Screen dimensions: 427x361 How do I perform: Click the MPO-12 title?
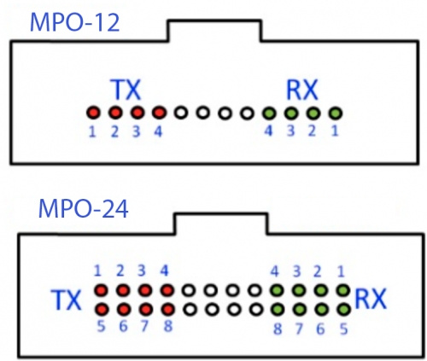point(74,22)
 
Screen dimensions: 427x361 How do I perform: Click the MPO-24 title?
point(83,209)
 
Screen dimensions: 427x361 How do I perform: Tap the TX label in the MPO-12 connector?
point(126,90)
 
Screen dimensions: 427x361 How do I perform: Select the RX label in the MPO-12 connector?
point(301,90)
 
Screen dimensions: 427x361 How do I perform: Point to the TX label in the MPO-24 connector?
point(66,300)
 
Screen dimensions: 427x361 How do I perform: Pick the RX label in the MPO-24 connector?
point(371,299)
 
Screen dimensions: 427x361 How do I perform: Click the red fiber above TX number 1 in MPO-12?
point(93,113)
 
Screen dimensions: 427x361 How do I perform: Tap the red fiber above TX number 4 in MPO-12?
point(159,113)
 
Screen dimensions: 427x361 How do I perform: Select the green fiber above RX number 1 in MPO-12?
point(336,114)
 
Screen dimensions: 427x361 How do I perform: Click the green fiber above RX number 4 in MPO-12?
point(269,114)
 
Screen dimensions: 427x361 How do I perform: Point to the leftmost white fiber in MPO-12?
point(181,113)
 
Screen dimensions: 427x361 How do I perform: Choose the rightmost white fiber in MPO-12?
point(247,114)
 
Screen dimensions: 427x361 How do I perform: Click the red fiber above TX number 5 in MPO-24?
point(102,309)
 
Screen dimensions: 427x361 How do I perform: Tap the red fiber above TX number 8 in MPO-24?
point(168,309)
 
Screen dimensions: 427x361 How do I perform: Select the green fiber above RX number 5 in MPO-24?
point(343,309)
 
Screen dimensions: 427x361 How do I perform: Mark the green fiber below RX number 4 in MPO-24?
point(277,291)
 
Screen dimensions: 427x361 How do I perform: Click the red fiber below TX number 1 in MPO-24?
point(101,291)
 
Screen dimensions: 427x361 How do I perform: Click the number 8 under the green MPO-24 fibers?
point(278,329)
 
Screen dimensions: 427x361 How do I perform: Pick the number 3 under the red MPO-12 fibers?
point(137,131)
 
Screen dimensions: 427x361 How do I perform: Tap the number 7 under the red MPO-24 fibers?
point(144,326)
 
